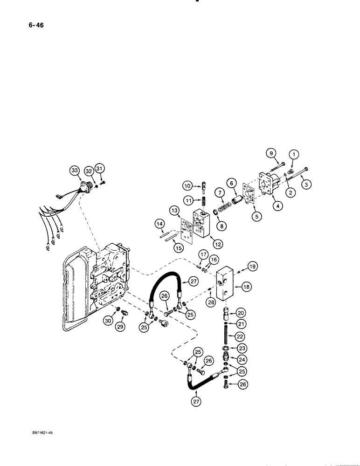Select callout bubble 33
(75, 171)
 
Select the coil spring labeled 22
(226, 336)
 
